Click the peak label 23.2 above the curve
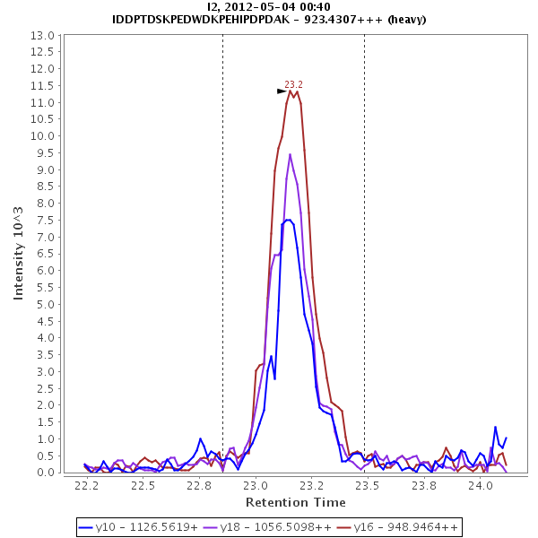(293, 83)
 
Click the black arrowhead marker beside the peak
(282, 91)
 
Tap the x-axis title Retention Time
(295, 502)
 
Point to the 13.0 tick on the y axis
(44, 35)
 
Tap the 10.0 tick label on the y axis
(44, 136)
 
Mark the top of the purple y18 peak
(290, 154)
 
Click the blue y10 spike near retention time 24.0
(495, 428)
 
